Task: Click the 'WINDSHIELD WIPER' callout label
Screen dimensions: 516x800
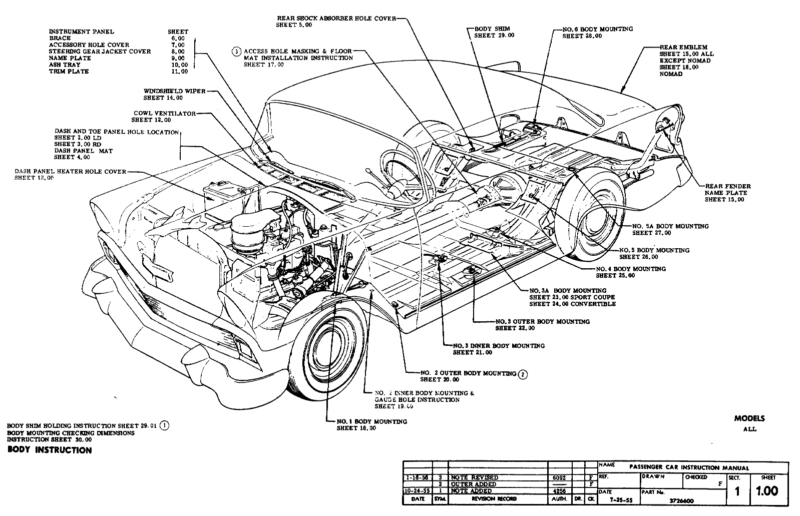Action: click(x=174, y=91)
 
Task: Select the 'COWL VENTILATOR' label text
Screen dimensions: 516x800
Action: click(x=164, y=113)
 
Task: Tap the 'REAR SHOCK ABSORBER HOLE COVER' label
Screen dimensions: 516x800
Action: click(x=336, y=18)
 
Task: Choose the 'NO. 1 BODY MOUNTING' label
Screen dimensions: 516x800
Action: click(x=371, y=421)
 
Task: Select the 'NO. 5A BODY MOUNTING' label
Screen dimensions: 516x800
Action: click(x=670, y=226)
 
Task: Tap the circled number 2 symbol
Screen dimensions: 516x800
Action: click(x=523, y=374)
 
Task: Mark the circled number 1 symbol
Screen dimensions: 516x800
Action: click(x=165, y=426)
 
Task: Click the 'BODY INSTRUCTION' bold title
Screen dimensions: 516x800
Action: click(x=50, y=450)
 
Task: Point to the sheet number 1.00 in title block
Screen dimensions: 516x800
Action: click(x=767, y=491)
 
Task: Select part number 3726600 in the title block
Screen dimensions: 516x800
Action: click(x=681, y=500)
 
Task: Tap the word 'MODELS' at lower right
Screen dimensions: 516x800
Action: click(x=749, y=419)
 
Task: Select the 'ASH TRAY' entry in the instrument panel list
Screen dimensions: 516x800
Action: click(x=62, y=65)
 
